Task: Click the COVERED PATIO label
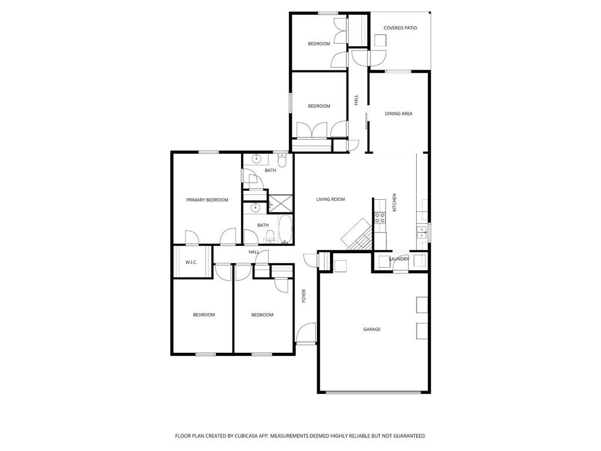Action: point(400,28)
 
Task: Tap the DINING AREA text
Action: point(399,113)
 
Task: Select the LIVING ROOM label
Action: point(330,199)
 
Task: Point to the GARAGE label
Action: point(372,329)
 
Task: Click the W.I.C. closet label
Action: point(191,262)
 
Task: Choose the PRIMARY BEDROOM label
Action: point(207,200)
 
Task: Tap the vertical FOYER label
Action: point(304,295)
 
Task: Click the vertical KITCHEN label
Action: point(394,203)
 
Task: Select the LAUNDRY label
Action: point(399,259)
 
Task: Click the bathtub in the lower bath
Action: point(285,230)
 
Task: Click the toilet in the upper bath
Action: point(281,160)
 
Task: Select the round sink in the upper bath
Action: point(256,159)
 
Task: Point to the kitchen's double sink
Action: point(421,232)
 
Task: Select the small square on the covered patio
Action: point(381,40)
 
